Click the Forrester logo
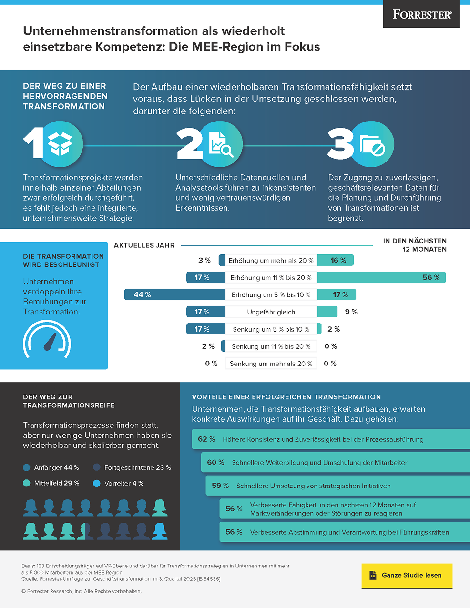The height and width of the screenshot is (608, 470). tap(422, 14)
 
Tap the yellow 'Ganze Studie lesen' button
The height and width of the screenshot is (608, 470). tap(407, 575)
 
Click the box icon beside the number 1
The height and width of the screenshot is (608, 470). tap(60, 144)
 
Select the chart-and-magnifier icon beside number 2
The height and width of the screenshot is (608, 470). tap(219, 144)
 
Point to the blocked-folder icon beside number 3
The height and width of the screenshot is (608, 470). tap(371, 144)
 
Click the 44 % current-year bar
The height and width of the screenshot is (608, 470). tap(174, 294)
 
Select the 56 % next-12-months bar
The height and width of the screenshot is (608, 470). tap(381, 277)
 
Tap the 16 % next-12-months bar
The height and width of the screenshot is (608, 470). tap(336, 260)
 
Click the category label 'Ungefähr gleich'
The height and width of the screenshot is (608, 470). tap(271, 312)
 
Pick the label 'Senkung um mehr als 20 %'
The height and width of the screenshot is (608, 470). tap(271, 364)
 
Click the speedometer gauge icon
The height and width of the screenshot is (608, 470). tap(47, 339)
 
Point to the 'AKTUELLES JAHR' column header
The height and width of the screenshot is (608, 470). tap(144, 245)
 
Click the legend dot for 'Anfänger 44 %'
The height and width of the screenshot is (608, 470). tap(27, 467)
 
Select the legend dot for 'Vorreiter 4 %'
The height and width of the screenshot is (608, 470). tap(97, 483)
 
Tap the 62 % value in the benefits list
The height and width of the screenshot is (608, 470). tap(206, 439)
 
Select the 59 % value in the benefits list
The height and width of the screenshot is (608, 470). tap(220, 486)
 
